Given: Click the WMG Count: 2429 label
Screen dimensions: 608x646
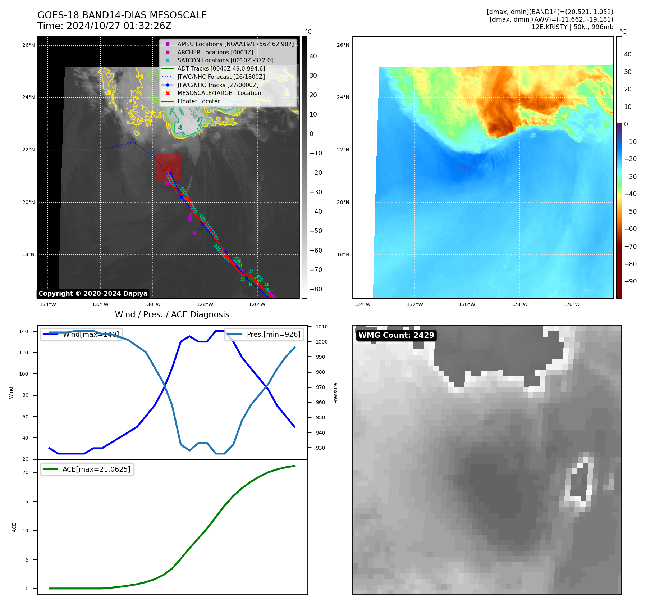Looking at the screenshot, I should (x=396, y=335).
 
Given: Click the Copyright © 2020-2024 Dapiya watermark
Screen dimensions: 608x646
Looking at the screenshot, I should (x=93, y=294).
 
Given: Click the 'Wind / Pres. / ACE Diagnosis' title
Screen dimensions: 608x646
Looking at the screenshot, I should (x=172, y=314).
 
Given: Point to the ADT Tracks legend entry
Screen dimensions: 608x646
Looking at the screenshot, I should (x=221, y=68).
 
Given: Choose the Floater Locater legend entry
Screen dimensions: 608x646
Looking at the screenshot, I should (x=198, y=101).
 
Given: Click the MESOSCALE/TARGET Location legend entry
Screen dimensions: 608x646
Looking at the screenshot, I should (x=219, y=93).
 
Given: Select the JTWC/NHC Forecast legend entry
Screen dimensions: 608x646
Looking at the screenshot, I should (x=221, y=77).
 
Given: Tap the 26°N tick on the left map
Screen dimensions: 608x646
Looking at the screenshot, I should (x=28, y=45).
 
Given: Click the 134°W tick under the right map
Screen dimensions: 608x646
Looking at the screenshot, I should (x=362, y=305).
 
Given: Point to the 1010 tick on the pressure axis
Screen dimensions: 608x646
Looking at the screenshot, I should (x=322, y=327).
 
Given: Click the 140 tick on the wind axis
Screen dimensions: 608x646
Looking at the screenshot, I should (x=24, y=331).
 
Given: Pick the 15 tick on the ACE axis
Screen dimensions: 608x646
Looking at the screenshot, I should (x=25, y=502).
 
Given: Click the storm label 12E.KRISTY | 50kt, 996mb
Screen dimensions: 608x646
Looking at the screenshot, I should (x=572, y=27).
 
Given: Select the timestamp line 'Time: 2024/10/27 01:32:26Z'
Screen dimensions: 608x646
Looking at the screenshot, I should (x=104, y=26).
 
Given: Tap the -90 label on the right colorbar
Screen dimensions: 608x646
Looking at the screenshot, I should (x=630, y=281).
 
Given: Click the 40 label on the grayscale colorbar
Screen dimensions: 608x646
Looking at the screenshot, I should (x=313, y=56).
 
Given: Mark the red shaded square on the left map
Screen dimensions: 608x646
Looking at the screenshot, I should (x=168, y=167).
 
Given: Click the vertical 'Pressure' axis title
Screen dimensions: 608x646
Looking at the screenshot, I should (x=335, y=393).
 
